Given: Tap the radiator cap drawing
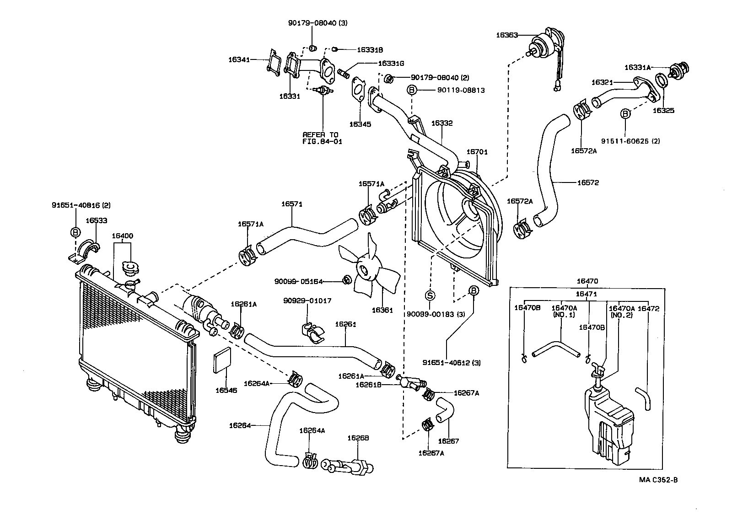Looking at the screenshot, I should click(x=130, y=269).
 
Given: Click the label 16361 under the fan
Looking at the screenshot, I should click(x=382, y=310).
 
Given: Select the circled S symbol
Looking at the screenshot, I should click(x=430, y=295).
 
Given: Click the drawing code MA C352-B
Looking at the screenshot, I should click(x=658, y=480).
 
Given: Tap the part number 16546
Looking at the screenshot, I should click(x=226, y=391).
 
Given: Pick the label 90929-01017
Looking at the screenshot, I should click(x=307, y=300).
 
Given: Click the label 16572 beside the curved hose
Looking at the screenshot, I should click(x=587, y=182).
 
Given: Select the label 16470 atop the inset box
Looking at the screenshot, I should click(x=587, y=281).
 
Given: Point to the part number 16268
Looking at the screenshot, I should click(x=358, y=438).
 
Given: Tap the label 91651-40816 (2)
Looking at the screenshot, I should click(x=81, y=205).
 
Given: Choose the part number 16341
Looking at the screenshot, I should click(x=239, y=59).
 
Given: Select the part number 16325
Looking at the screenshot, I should click(x=663, y=110).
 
